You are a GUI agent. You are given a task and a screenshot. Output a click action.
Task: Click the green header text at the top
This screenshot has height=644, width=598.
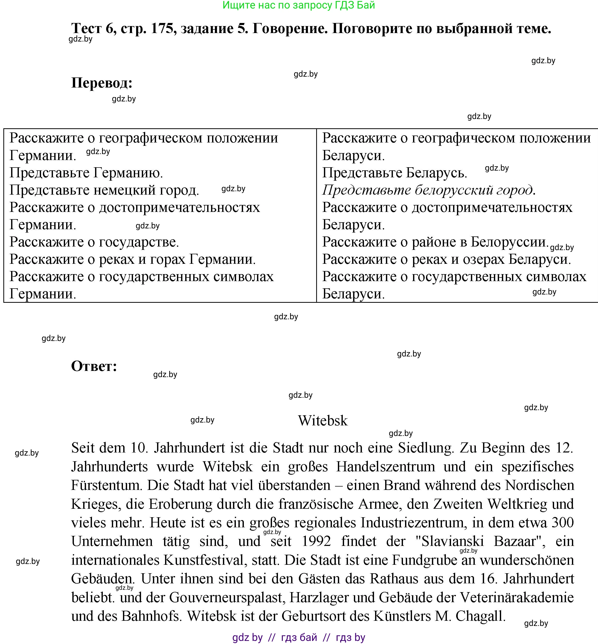[299, 5]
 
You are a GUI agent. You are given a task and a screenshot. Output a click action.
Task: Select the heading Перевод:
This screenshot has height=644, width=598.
[102, 83]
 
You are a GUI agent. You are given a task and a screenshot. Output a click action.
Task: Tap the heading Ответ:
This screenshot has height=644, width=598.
[94, 366]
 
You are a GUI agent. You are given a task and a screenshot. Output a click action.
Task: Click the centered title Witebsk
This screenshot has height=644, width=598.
[323, 421]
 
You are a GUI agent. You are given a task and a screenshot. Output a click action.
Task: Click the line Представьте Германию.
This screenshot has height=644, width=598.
[86, 173]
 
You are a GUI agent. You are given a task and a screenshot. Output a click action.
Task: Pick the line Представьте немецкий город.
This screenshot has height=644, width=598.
[104, 190]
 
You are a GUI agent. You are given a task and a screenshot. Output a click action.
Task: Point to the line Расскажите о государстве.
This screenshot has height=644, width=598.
[94, 242]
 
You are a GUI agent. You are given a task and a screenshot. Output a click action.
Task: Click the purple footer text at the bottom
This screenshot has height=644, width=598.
[299, 637]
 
